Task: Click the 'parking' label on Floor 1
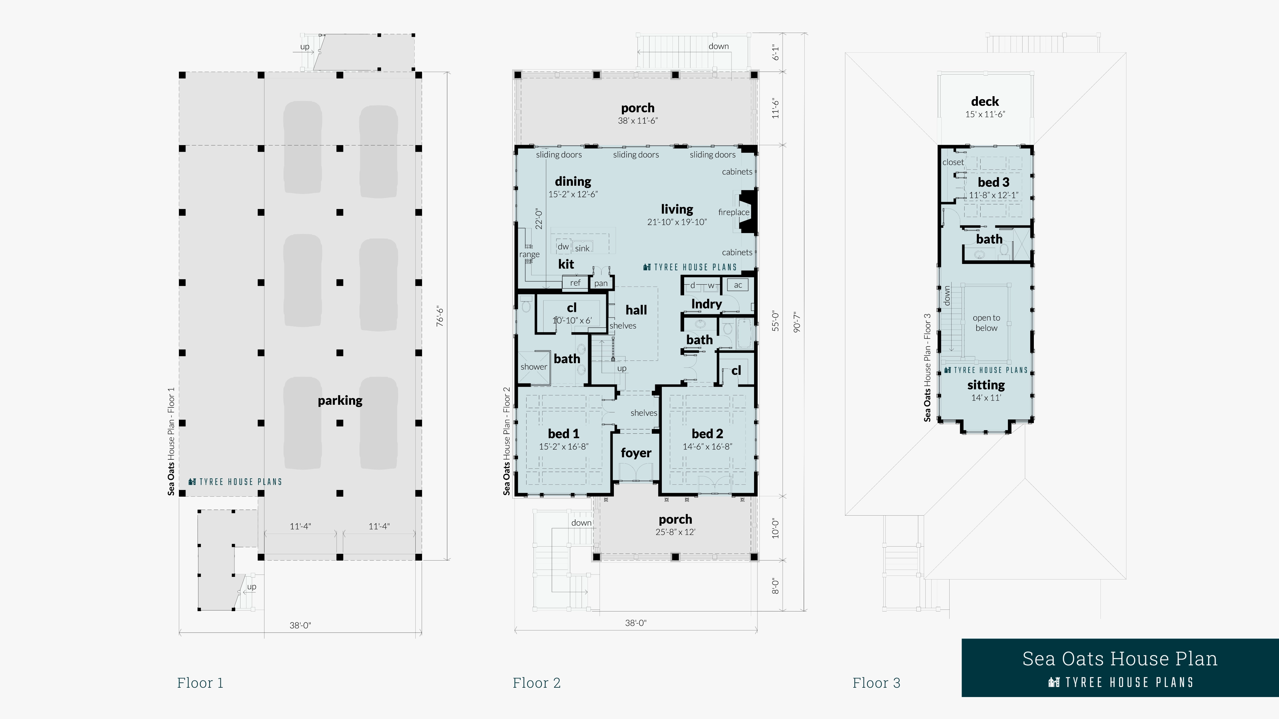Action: tap(340, 400)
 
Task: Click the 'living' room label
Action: tap(677, 209)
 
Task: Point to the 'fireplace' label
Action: tap(734, 212)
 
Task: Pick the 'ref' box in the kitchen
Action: tap(575, 283)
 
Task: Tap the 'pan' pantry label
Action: tap(601, 283)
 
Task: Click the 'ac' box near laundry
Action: tap(738, 285)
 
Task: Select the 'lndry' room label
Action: tap(706, 304)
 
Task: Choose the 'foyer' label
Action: tap(636, 453)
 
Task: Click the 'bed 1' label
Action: tap(564, 434)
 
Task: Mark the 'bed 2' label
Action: tap(707, 434)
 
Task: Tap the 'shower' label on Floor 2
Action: tap(534, 367)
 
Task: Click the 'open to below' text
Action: tap(986, 323)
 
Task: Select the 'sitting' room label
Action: tap(986, 385)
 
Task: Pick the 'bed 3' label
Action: tap(994, 182)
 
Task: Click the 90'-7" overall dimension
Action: tap(797, 322)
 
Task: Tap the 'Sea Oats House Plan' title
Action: tap(1120, 659)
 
